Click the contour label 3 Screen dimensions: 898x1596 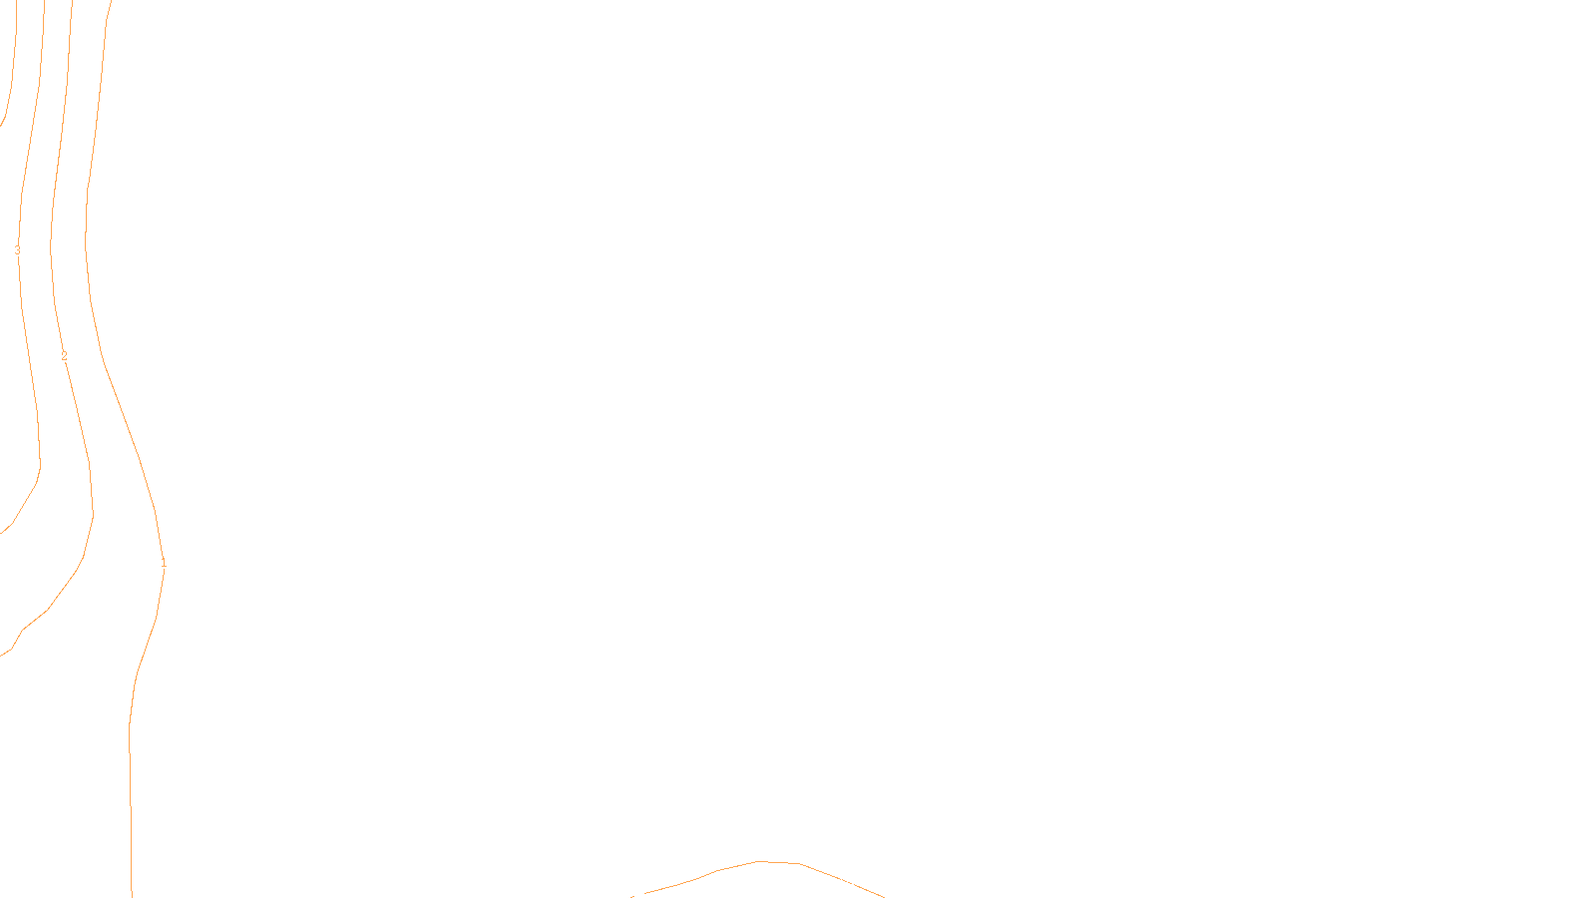pyautogui.click(x=17, y=250)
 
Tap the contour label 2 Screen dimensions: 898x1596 pyautogui.click(x=64, y=356)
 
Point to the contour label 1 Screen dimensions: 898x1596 pyautogui.click(x=164, y=564)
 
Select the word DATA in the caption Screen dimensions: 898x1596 pyautogui.click(x=843, y=882)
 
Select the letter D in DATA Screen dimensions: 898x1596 pyautogui.click(x=833, y=882)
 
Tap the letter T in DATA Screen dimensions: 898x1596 pyautogui.click(x=847, y=882)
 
